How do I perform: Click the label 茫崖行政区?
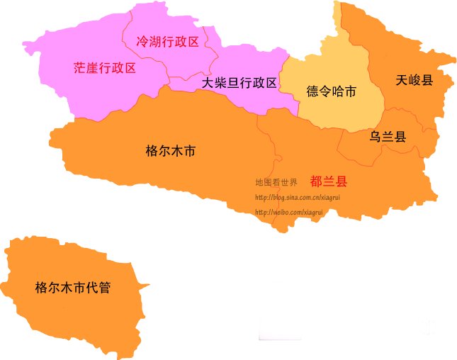tap(104, 68)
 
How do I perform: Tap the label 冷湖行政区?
tap(167, 42)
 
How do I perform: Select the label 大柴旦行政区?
tap(239, 83)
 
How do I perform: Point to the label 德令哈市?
tap(331, 91)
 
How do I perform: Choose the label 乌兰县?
tap(388, 137)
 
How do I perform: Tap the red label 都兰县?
tap(329, 181)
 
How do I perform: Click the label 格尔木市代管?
tap(72, 288)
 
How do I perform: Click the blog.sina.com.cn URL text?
tap(297, 197)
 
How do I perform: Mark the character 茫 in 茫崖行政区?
tap(80, 68)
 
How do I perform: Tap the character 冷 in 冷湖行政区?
tap(142, 42)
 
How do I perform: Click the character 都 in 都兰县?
tap(317, 181)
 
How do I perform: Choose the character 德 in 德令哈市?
tap(312, 91)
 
